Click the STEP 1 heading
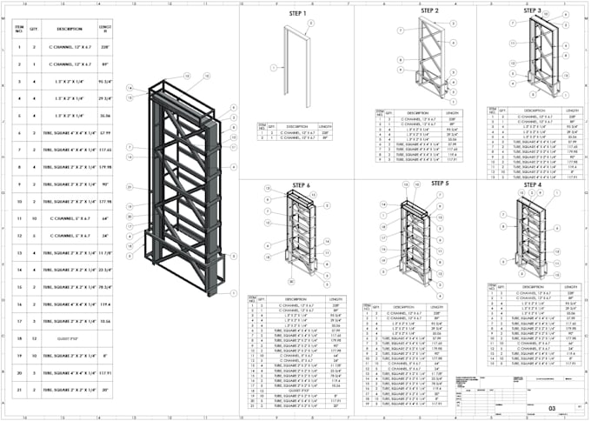click(x=297, y=14)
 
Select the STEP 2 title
click(x=430, y=10)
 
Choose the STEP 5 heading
click(x=441, y=184)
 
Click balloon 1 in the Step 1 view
click(x=273, y=67)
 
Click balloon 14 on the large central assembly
click(x=129, y=88)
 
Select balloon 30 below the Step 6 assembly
click(x=292, y=282)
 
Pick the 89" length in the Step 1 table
click(x=325, y=137)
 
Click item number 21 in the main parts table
click(x=18, y=392)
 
